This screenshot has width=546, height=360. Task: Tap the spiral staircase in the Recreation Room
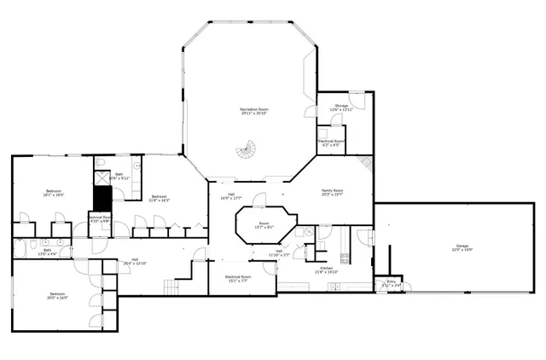click(x=247, y=151)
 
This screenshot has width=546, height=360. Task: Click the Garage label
click(x=462, y=248)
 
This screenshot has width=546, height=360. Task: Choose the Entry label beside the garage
click(x=391, y=282)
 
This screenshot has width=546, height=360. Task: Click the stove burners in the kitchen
click(x=346, y=258)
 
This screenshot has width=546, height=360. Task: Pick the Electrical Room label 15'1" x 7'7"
click(x=237, y=278)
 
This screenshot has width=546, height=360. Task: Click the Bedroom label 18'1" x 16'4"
click(x=52, y=193)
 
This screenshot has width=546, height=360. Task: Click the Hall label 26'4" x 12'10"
click(x=135, y=262)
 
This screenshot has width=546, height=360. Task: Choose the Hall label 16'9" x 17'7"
click(x=229, y=196)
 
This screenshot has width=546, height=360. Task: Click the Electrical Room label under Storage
click(x=330, y=143)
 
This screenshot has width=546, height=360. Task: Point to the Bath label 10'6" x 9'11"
click(x=119, y=177)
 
